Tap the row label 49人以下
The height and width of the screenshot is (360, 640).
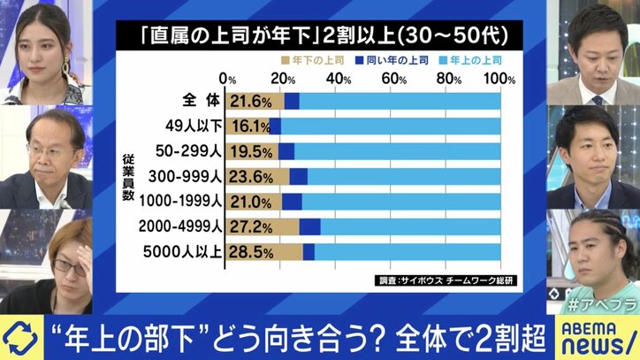coord(194,126)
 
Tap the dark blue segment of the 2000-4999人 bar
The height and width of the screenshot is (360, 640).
coord(309,226)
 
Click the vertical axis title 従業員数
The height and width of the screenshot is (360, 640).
coord(129,177)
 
